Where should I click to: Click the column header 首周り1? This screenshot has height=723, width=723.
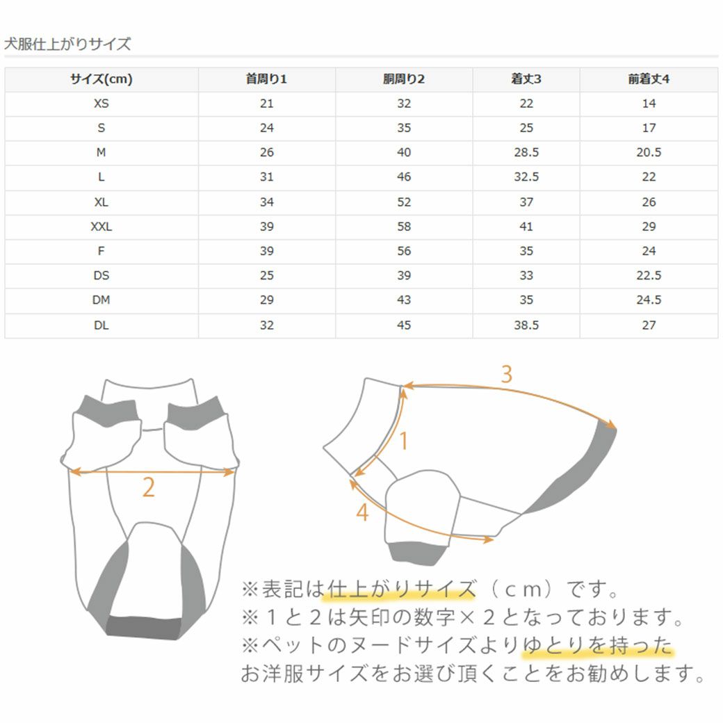point(266,79)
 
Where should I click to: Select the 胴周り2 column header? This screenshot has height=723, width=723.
point(404,79)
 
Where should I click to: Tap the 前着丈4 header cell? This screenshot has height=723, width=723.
point(648,79)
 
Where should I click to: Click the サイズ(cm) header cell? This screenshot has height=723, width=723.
point(101,79)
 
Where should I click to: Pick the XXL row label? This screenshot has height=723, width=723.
point(101,227)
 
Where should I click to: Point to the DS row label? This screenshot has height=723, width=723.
point(101,275)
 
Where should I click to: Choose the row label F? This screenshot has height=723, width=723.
point(101,251)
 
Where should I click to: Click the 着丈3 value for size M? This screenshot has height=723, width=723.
point(526,152)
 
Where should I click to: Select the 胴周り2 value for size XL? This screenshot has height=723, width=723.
point(404,202)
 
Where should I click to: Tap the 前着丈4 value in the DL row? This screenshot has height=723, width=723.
point(648,325)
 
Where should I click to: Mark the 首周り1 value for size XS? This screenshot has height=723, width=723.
point(266,104)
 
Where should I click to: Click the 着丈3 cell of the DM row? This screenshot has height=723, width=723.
point(526,300)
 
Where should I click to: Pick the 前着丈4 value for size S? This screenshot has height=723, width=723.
point(648,128)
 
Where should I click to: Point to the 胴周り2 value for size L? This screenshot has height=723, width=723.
point(404,177)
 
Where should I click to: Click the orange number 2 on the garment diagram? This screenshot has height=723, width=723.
point(148,488)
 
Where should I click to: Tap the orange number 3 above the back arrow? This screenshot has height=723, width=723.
point(507,375)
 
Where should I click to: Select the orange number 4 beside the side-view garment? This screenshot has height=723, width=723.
point(361,513)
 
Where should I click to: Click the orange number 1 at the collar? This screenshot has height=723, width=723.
point(403,441)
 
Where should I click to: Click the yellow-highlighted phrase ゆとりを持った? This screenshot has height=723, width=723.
point(598,647)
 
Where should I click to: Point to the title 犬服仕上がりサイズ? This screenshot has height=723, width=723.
point(67,44)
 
